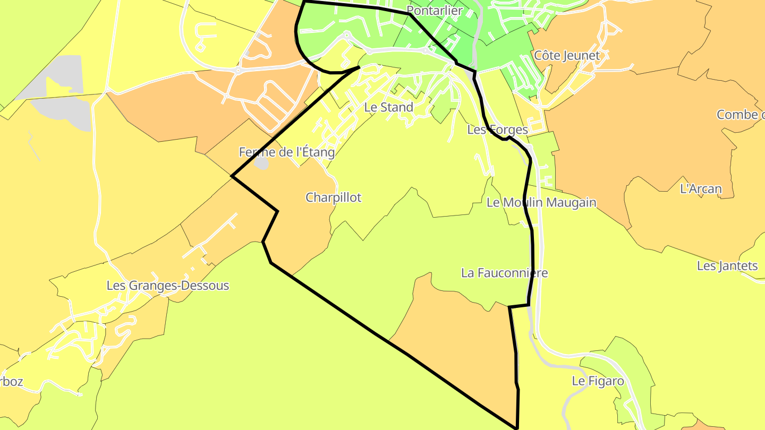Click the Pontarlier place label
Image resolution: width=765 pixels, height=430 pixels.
click(x=435, y=10)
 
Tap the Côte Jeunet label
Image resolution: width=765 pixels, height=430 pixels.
click(x=567, y=55)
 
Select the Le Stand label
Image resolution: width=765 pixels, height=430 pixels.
click(x=388, y=107)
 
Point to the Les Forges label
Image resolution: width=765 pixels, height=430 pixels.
click(x=497, y=130)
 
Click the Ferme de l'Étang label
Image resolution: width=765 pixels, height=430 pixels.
click(x=287, y=152)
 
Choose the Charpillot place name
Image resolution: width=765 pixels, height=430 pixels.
click(x=333, y=197)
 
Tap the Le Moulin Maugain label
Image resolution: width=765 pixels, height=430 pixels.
click(x=541, y=202)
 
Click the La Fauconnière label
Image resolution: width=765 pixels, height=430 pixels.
click(x=504, y=273)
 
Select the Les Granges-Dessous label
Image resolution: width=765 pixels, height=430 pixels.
click(x=168, y=286)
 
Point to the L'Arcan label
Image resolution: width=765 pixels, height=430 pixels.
click(x=701, y=188)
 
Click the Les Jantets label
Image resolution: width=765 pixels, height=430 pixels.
click(x=727, y=265)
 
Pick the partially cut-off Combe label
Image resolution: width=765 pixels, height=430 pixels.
click(x=740, y=115)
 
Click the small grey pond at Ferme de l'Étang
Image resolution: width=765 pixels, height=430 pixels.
click(x=261, y=163)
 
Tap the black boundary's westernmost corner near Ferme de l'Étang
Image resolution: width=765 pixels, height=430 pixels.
click(x=232, y=176)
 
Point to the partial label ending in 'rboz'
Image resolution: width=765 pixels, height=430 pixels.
click(x=11, y=382)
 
